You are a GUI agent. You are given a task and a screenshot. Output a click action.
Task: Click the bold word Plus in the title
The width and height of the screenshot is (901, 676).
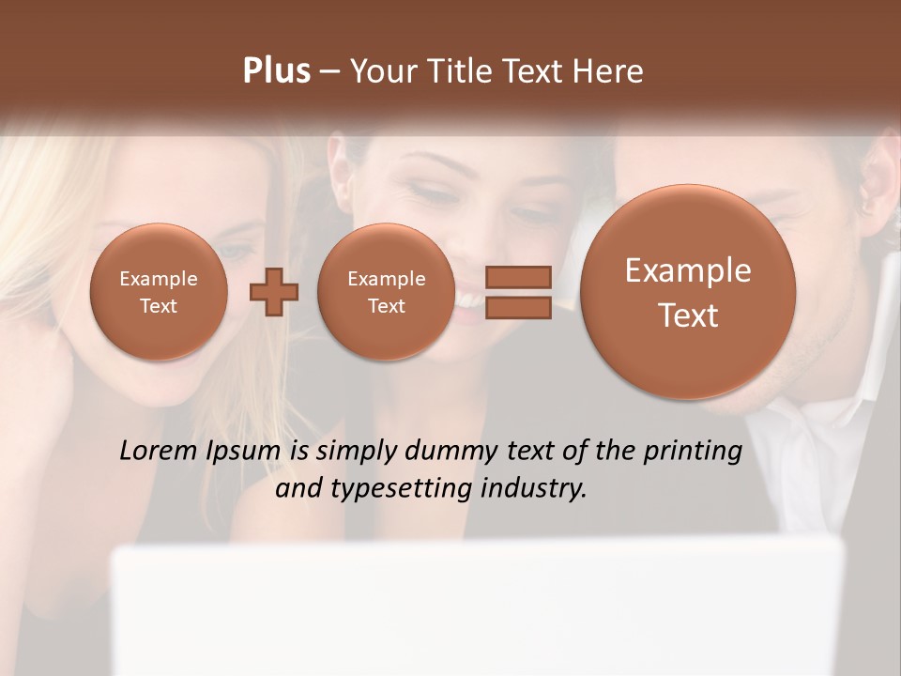(x=276, y=71)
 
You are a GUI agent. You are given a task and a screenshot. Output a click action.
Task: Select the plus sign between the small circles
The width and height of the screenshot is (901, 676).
(x=274, y=291)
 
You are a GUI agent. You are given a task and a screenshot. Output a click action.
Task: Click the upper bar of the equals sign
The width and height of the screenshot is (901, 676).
(x=518, y=277)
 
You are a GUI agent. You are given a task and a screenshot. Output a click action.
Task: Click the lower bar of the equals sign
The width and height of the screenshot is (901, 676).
(x=518, y=307)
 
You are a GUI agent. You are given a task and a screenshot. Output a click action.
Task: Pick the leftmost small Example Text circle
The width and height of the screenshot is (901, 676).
(x=159, y=292)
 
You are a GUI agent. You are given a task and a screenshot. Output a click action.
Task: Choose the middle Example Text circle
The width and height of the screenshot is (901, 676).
(x=386, y=292)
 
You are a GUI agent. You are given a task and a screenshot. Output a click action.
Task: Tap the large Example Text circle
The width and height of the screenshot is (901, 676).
(x=688, y=292)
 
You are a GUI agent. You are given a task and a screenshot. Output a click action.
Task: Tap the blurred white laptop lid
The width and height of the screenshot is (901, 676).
(x=479, y=610)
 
